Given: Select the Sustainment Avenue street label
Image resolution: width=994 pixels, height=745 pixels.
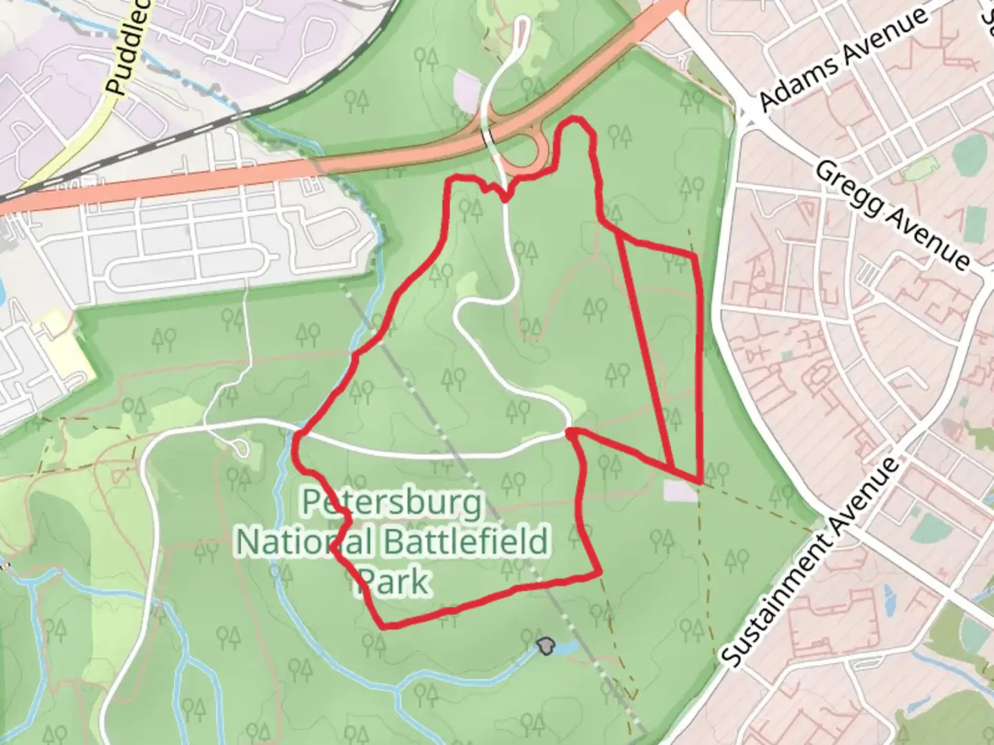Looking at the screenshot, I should pos(812,562).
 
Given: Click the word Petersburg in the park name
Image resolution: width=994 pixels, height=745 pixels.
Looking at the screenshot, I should pos(392,504).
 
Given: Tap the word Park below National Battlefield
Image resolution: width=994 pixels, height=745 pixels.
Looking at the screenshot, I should pos(393,582).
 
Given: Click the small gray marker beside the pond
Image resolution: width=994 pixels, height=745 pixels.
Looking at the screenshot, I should pos(545,646).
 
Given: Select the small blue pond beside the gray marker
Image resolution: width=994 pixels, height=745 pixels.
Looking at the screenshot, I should pos(566,648).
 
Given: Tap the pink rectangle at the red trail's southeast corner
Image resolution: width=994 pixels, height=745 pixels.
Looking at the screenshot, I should pos(680,490).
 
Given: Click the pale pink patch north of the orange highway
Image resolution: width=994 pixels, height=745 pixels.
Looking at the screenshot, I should pos(467,90).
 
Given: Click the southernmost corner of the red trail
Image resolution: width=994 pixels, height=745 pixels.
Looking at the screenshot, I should pos(384,626).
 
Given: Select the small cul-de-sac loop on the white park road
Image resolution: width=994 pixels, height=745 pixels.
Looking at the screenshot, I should pos(241,449).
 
